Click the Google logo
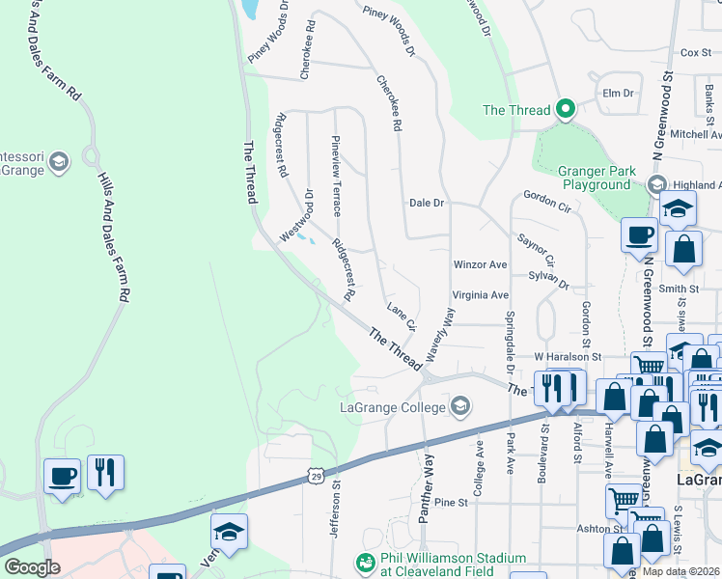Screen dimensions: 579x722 tap(32, 566)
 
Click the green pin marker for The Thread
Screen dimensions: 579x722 tap(565, 109)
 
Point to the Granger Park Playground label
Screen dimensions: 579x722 tap(597, 179)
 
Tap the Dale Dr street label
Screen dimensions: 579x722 tap(426, 204)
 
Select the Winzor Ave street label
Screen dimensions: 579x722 tap(480, 264)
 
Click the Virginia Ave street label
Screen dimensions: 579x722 tap(480, 295)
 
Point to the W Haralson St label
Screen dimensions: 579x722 tap(567, 357)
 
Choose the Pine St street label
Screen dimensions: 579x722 tap(450, 503)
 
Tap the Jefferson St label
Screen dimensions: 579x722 tap(337, 526)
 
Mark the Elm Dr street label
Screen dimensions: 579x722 tap(617, 94)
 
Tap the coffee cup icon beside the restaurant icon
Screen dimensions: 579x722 tap(64, 474)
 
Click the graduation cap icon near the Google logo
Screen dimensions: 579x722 tap(229, 532)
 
